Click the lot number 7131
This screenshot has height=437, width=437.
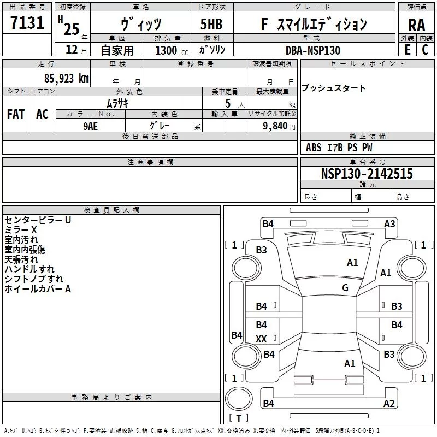[27, 22]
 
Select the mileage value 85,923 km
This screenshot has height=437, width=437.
[67, 79]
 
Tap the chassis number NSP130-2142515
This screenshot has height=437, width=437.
[367, 174]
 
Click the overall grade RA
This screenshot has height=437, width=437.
[417, 25]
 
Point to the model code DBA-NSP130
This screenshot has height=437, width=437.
[313, 50]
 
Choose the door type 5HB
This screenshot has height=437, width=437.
[211, 24]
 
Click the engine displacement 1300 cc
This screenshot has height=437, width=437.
[172, 50]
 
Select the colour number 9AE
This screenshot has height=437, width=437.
[91, 126]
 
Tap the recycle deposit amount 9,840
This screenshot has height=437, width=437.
[275, 126]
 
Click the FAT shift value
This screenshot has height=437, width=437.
[16, 114]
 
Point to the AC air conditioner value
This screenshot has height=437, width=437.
[42, 114]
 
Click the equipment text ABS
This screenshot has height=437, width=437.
[314, 147]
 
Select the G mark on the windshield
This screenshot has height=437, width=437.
[345, 288]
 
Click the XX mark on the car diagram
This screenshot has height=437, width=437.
[261, 339]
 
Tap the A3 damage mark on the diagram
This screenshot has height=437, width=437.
[389, 224]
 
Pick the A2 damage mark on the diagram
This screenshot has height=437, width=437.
[389, 403]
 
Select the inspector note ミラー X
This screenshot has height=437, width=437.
[21, 230]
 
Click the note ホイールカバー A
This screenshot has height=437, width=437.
[38, 289]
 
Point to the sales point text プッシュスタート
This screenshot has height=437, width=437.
[333, 88]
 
